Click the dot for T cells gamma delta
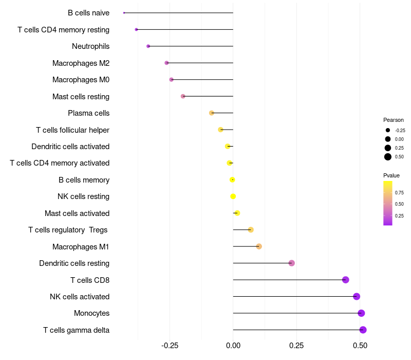click(x=363, y=330)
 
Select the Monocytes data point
click(x=361, y=313)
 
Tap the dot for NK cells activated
click(x=357, y=296)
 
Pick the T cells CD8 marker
click(x=346, y=280)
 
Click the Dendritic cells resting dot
click(x=292, y=263)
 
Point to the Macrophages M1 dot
click(x=259, y=246)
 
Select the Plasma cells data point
click(x=211, y=113)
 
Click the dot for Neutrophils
click(x=148, y=46)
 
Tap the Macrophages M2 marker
click(x=166, y=63)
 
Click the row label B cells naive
click(x=88, y=13)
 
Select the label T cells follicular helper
click(x=72, y=130)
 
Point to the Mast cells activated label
click(x=77, y=213)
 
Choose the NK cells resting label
click(x=83, y=196)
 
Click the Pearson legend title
click(x=394, y=120)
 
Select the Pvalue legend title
click(x=391, y=175)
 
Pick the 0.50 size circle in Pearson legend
click(x=388, y=157)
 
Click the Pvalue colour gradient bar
click(x=388, y=203)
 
